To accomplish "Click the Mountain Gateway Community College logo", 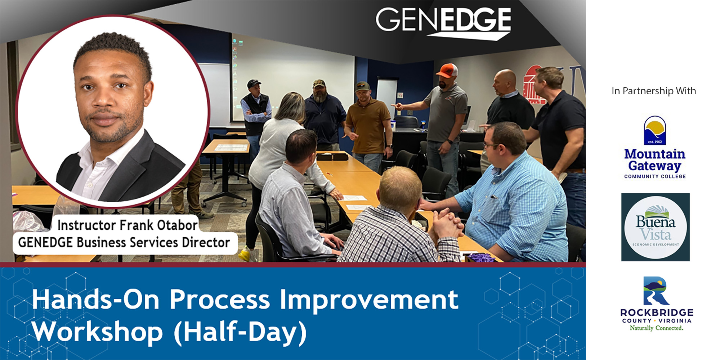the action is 655,147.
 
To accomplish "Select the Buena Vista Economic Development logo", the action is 655,227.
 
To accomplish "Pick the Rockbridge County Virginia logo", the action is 656,304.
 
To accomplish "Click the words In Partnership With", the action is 654,91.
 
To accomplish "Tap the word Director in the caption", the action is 206,242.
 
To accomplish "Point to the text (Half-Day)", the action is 240,332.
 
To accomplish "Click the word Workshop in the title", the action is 98,332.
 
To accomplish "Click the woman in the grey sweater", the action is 277,151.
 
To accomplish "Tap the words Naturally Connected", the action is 656,328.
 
